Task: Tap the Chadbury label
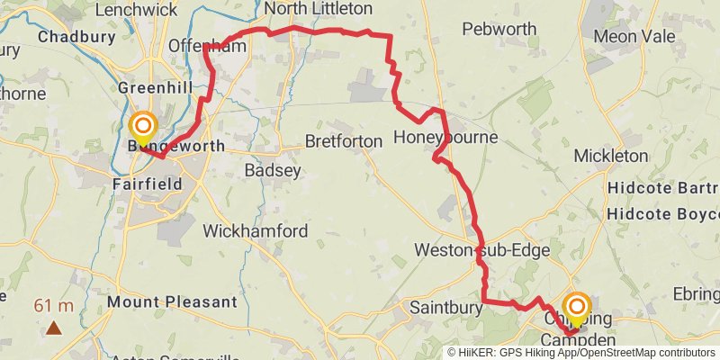pos(77,37)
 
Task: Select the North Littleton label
pos(319,8)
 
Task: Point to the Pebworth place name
pos(499,29)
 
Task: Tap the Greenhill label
pos(156,88)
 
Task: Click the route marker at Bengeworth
pos(143,125)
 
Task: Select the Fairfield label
pos(148,184)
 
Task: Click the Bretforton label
pos(344,141)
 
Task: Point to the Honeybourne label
pos(446,139)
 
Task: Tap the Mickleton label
pos(611,156)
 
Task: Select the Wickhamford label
pos(256,231)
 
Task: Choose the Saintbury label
pos(442,307)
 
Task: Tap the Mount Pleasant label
pos(171,302)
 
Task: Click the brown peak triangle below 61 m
pos(55,328)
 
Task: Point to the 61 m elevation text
pos(54,306)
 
